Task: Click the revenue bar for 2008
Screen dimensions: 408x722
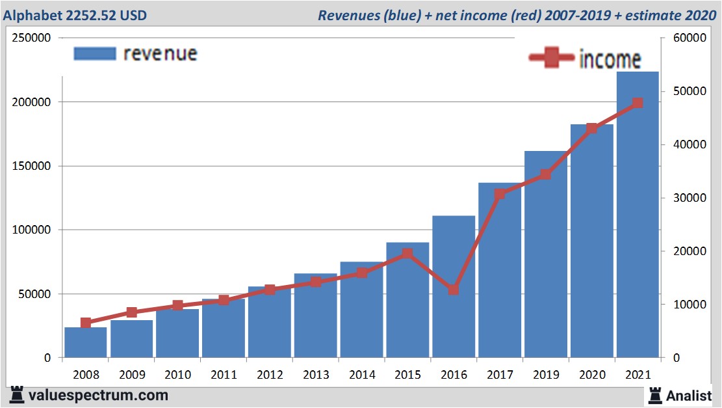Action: point(86,342)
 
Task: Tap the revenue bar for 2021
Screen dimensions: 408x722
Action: point(638,215)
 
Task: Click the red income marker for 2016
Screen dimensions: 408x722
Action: point(454,290)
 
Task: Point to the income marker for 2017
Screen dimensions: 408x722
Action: point(500,194)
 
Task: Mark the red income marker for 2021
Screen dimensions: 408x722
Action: point(638,103)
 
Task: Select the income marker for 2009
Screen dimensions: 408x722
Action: point(132,312)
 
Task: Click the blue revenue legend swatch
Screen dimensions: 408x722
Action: point(95,53)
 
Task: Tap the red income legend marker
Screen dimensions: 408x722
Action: point(551,59)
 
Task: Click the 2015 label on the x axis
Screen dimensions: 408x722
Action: point(407,375)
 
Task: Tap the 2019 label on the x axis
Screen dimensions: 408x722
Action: point(545,375)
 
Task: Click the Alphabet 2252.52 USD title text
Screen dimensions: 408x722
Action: point(74,14)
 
